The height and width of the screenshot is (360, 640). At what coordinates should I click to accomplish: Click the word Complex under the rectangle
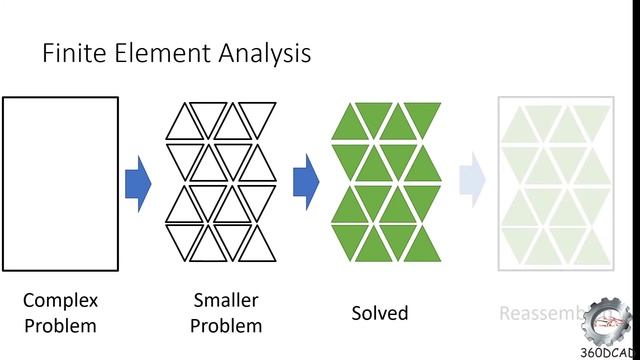pos(60,300)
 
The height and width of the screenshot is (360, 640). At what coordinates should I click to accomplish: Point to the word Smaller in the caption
pos(226,300)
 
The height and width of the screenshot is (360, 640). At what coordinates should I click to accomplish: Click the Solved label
pos(380,313)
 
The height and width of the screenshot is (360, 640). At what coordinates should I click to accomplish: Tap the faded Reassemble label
pos(540,314)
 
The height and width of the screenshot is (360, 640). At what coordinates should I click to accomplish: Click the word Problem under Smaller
pos(226,325)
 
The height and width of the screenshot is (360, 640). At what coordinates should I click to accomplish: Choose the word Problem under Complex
pos(60,325)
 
